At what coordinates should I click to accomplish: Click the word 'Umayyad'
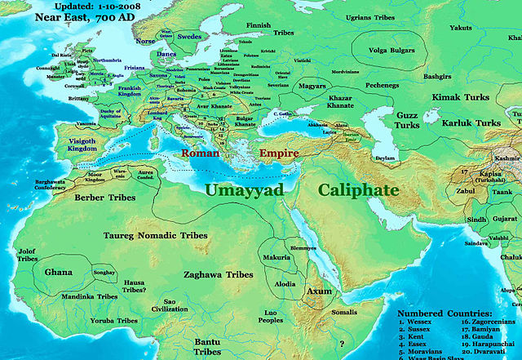click(244, 190)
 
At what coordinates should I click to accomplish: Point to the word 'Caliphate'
click(358, 189)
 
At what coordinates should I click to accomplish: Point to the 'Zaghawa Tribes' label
click(218, 275)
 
